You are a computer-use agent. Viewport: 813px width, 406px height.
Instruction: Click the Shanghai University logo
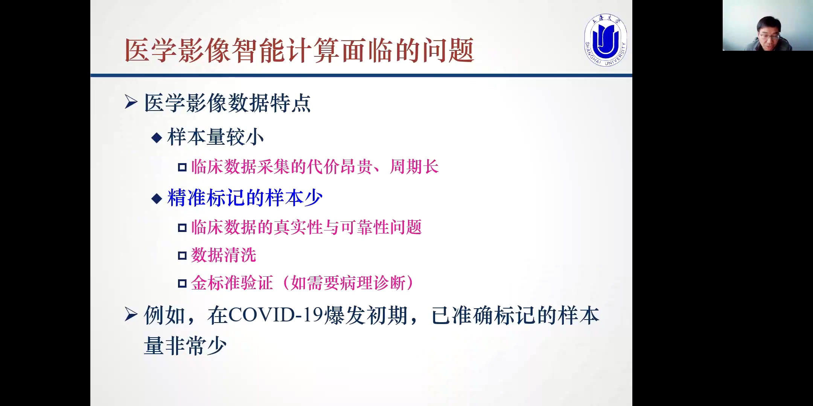[x=606, y=40]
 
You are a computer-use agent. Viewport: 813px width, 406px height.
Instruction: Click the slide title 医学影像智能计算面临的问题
[x=299, y=50]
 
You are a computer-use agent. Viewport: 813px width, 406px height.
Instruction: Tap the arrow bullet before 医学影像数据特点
[x=131, y=102]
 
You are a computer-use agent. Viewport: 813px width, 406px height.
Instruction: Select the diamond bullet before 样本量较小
[x=157, y=138]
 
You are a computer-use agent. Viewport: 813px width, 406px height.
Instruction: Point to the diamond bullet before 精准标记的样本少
[x=157, y=198]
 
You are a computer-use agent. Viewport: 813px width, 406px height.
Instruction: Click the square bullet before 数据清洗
[x=182, y=256]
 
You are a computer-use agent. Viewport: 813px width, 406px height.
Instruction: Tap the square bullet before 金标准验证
[x=182, y=283]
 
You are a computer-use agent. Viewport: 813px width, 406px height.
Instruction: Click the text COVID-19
[x=276, y=315]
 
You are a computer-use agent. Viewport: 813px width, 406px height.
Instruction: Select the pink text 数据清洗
[x=224, y=255]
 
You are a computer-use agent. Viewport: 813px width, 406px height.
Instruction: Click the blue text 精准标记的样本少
[x=245, y=198]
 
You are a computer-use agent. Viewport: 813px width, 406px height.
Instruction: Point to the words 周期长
[x=414, y=167]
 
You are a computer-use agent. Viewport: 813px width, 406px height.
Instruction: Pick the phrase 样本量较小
[x=216, y=137]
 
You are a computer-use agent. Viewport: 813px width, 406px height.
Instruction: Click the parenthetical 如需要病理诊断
[x=348, y=283]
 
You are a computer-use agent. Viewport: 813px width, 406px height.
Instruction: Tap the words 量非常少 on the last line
[x=185, y=346]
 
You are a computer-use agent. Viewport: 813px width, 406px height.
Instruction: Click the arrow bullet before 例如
[x=131, y=314]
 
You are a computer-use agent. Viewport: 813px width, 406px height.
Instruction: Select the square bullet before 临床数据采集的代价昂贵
[x=182, y=167]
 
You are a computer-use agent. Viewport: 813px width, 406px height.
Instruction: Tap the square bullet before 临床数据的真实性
[x=182, y=228]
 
